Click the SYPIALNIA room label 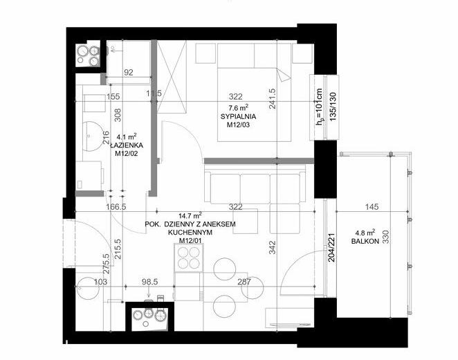(x=239, y=116)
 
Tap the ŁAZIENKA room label (x=127, y=145)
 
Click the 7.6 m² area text (x=239, y=107)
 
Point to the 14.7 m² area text (x=190, y=215)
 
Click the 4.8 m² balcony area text (x=365, y=233)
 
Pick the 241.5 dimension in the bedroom (x=273, y=99)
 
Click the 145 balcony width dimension (x=372, y=207)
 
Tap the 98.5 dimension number (x=150, y=282)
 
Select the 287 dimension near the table (x=244, y=282)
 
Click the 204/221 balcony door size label (x=333, y=247)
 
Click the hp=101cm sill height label (x=320, y=107)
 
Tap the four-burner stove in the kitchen (x=189, y=258)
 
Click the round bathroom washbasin (x=92, y=136)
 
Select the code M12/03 (x=239, y=125)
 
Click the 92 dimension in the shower (x=129, y=72)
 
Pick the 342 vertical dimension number (x=272, y=247)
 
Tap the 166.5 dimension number (x=116, y=207)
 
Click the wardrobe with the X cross (x=172, y=77)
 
